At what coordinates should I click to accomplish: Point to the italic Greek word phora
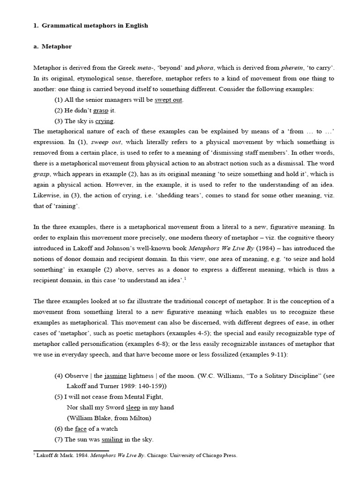tap(179, 68)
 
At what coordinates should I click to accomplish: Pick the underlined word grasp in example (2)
tap(101, 111)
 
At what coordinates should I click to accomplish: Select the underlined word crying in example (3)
tap(105, 121)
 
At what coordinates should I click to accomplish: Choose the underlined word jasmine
tap(115, 376)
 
